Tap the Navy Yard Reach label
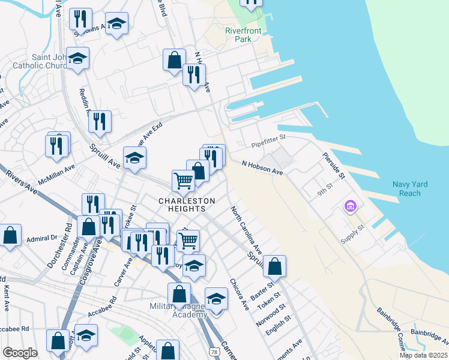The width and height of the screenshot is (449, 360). [x=409, y=188]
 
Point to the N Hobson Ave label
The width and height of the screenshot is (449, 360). [x=262, y=167]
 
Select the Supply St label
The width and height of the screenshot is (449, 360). [x=352, y=230]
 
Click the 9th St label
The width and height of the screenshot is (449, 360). [x=325, y=193]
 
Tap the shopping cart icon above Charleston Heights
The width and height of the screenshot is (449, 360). [x=183, y=179]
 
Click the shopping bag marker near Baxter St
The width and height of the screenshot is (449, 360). [x=274, y=265]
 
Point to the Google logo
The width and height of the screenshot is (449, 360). [x=20, y=353]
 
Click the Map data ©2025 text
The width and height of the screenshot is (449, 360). [x=423, y=355]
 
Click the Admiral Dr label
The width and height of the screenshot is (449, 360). [x=41, y=239]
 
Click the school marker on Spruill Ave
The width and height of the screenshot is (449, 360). [x=135, y=158]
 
